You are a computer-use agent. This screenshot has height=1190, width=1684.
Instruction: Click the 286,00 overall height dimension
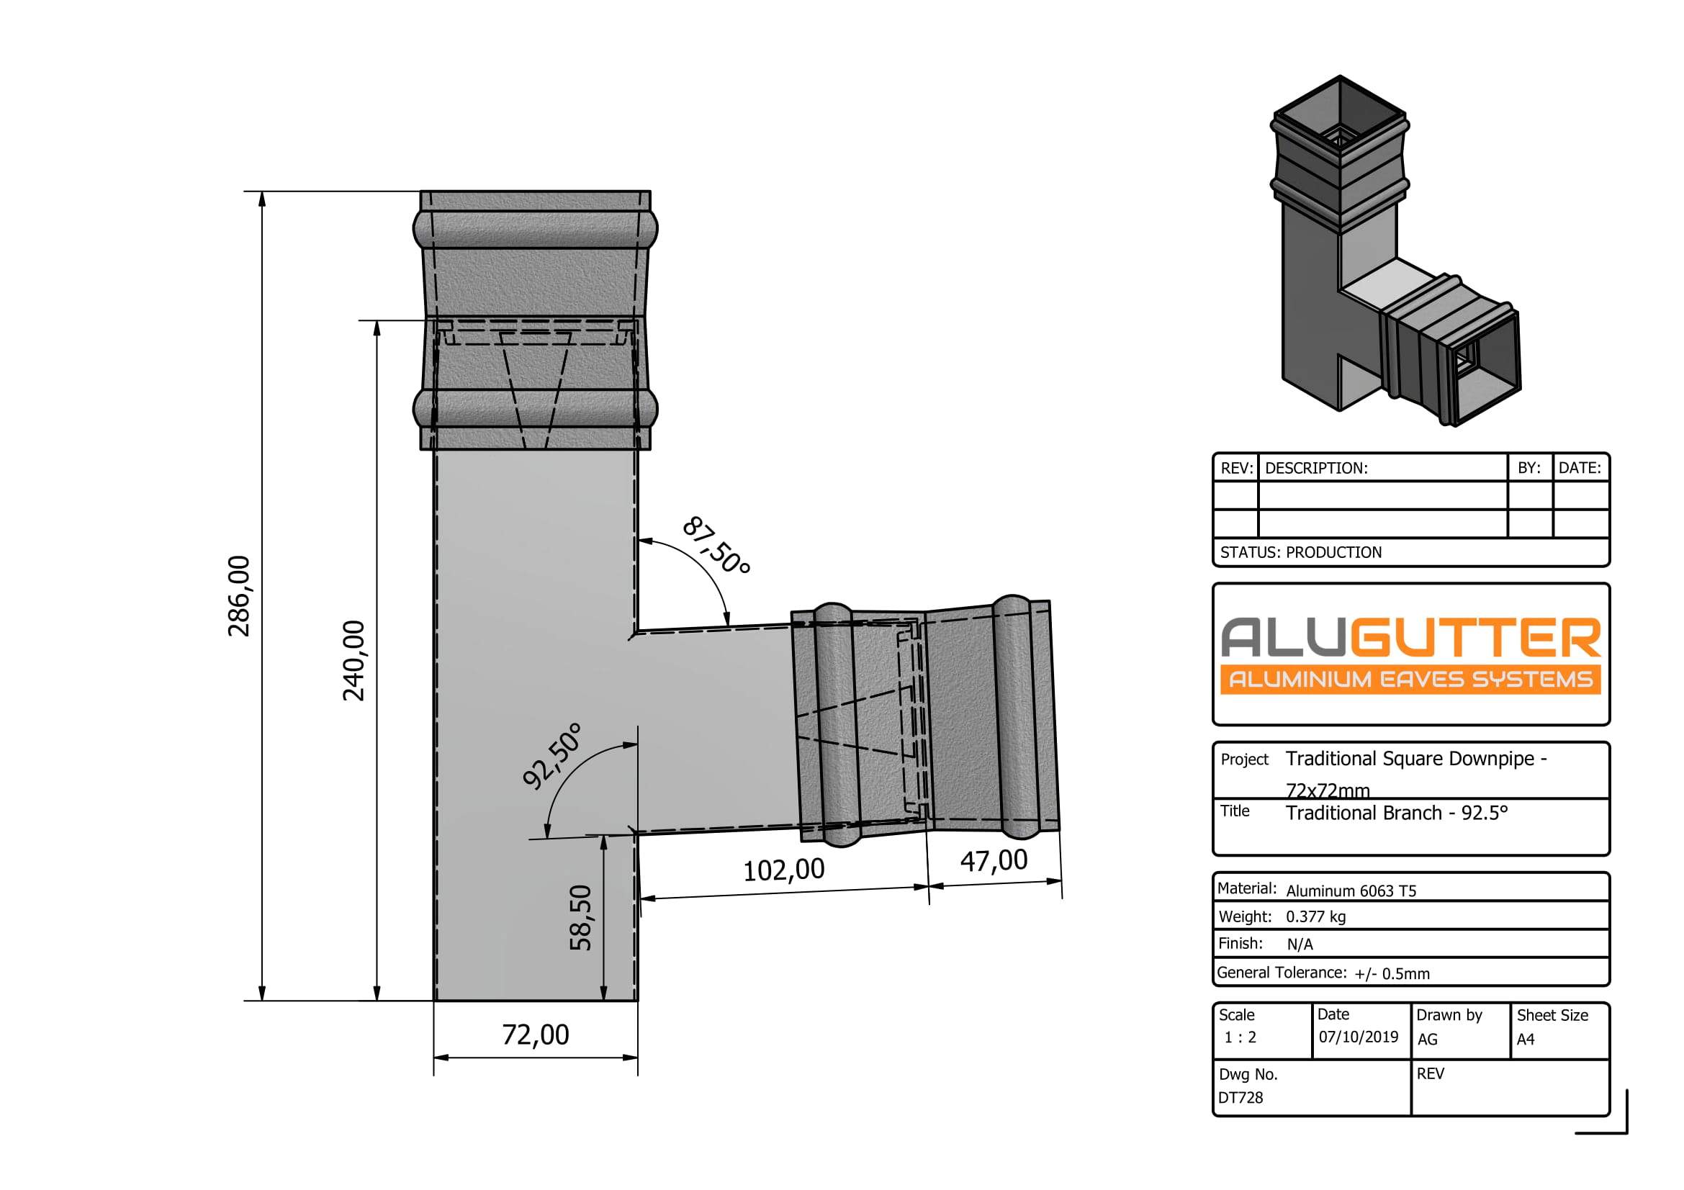pyautogui.click(x=239, y=596)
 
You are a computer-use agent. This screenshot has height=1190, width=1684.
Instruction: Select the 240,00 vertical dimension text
pyautogui.click(x=354, y=661)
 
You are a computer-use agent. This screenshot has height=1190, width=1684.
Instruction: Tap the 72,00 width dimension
pyautogui.click(x=536, y=1035)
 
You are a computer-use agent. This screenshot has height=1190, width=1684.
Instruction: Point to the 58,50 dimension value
pyautogui.click(x=580, y=918)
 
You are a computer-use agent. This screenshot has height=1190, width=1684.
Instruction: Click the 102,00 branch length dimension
pyautogui.click(x=784, y=870)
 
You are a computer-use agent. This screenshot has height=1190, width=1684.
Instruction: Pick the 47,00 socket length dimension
pyautogui.click(x=994, y=861)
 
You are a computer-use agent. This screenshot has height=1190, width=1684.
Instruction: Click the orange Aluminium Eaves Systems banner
pyautogui.click(x=1410, y=679)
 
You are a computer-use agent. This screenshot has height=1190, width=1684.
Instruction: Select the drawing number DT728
pyautogui.click(x=1241, y=1098)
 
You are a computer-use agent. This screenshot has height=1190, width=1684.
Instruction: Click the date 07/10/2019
pyautogui.click(x=1359, y=1037)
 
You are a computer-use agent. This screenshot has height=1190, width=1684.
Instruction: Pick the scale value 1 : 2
pyautogui.click(x=1241, y=1037)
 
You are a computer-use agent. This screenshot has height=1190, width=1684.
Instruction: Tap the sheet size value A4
pyautogui.click(x=1526, y=1039)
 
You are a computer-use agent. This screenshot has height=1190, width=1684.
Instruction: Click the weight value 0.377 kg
pyautogui.click(x=1316, y=916)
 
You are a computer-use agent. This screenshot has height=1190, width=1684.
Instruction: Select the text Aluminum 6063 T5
pyautogui.click(x=1351, y=891)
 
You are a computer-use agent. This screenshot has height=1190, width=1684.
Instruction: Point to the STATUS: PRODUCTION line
pyautogui.click(x=1300, y=552)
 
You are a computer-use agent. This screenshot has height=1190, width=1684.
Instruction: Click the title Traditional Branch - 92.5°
pyautogui.click(x=1397, y=813)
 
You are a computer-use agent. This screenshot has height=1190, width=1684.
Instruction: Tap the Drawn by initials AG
pyautogui.click(x=1427, y=1039)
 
